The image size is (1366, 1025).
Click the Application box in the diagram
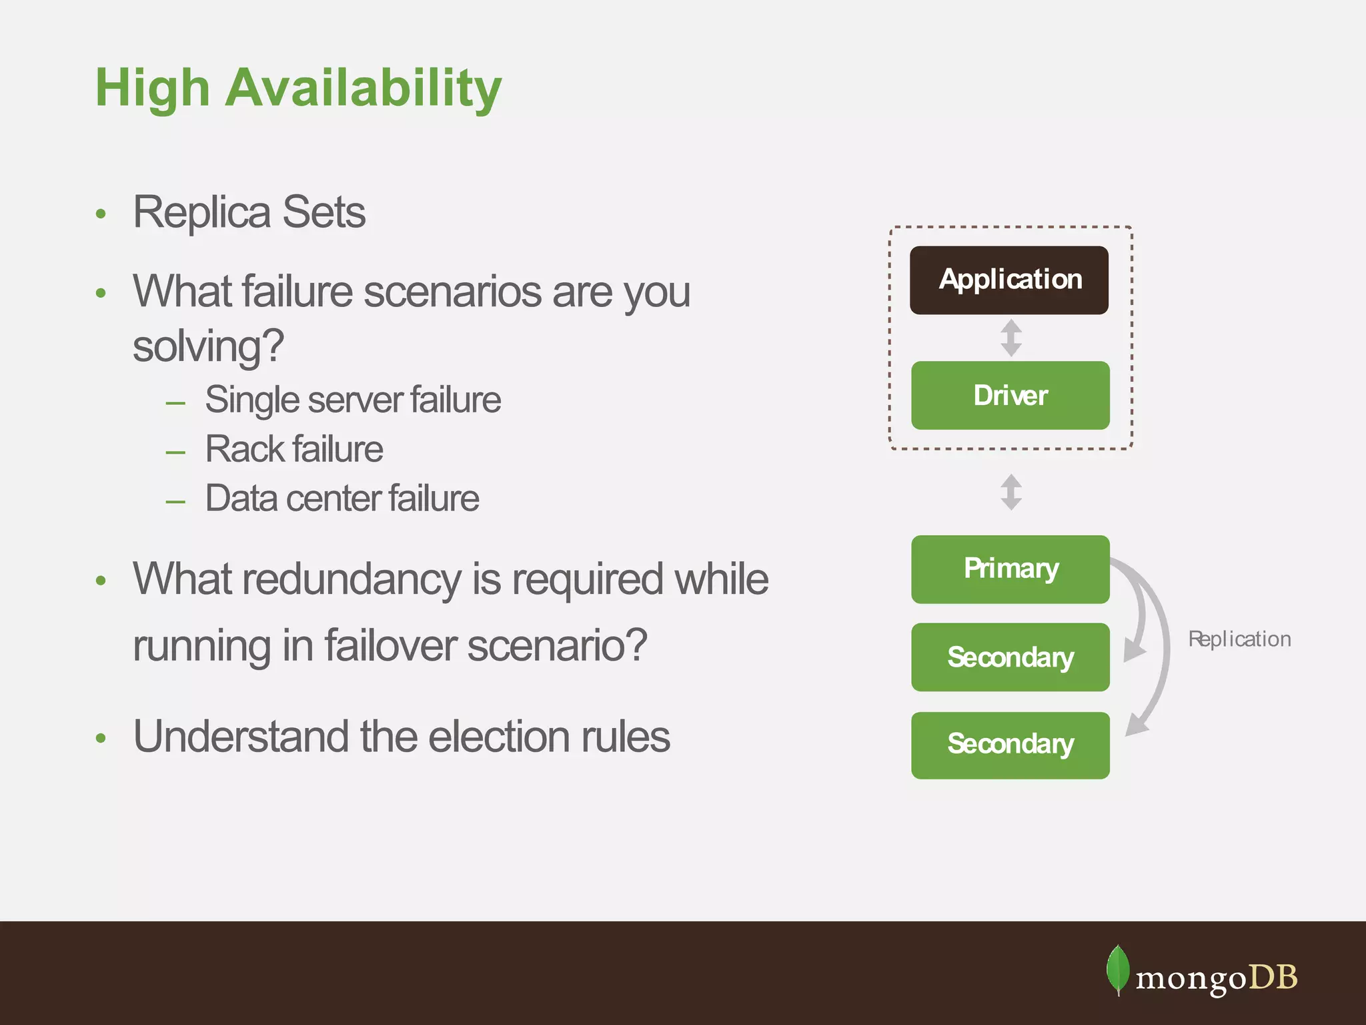1009,280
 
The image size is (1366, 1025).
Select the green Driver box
1010,395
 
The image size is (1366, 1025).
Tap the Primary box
1010,569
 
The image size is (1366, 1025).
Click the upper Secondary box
1010,657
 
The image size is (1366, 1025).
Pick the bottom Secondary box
1010,745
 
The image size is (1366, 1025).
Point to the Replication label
1239,639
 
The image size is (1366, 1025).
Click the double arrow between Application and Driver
1011,338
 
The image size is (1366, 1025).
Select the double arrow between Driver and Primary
1011,492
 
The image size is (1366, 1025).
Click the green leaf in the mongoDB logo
1118,970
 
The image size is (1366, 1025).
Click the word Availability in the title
363,89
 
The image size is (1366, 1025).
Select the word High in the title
152,89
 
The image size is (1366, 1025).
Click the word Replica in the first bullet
202,212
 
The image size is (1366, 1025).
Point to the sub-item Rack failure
293,449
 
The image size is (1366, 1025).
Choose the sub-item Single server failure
353,400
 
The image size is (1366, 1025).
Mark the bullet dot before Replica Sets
101,214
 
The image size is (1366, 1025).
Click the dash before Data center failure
175,501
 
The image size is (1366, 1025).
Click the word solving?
208,346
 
